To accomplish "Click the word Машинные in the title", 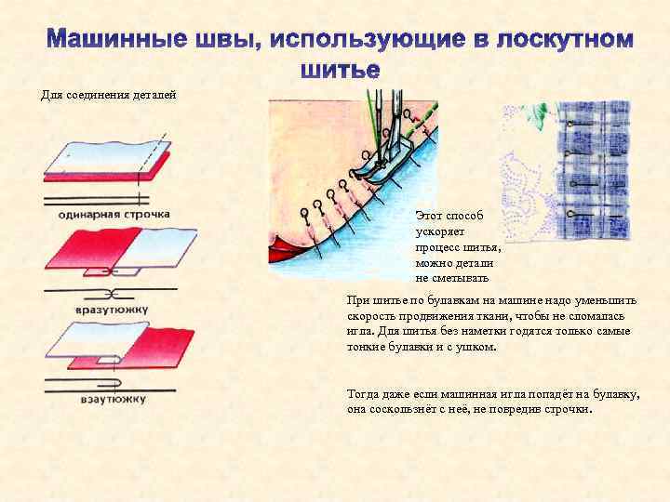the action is (105, 41).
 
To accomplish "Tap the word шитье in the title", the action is (340, 70).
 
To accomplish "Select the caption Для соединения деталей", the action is (108, 95).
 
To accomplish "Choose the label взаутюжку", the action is (108, 400).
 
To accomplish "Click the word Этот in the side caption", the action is (431, 215).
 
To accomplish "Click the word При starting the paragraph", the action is (356, 300).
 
